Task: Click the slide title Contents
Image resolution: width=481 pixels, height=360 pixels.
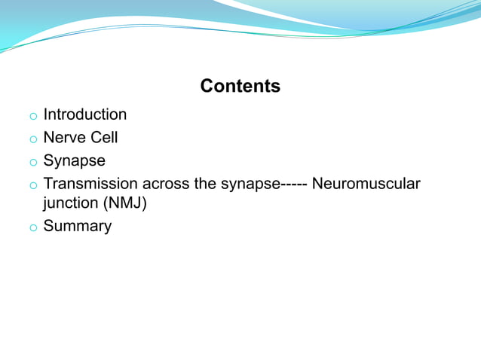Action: click(x=240, y=87)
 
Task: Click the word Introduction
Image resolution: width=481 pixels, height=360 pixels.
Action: click(x=85, y=115)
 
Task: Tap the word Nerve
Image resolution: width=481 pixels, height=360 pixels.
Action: click(x=66, y=138)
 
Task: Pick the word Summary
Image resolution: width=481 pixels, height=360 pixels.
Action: click(x=78, y=226)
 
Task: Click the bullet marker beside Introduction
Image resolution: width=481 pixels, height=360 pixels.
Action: click(x=32, y=117)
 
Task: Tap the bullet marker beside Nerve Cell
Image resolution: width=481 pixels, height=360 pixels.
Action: click(x=32, y=139)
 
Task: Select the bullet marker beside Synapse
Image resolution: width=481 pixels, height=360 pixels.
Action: click(x=32, y=162)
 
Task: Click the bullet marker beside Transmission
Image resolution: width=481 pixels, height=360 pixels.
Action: click(x=32, y=185)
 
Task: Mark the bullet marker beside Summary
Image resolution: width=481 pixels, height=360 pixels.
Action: click(x=32, y=227)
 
